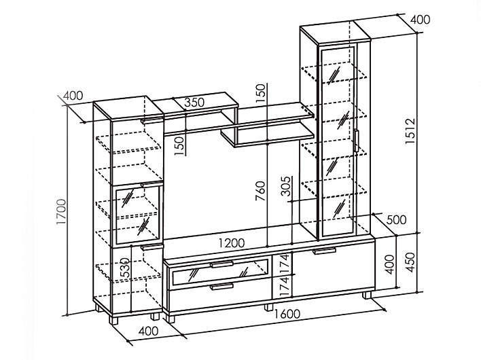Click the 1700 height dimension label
coord(61,211)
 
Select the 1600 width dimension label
coord(287,314)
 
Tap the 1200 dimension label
coord(232,243)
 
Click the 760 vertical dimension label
coord(260,191)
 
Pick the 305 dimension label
coord(286,186)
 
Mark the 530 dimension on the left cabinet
coord(125,268)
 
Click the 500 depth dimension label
coord(396,219)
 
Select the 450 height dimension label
coord(410,262)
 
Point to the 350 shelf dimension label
coord(194,102)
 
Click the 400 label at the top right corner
coord(421,20)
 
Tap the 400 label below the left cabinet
coord(149,331)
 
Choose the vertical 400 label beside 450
coord(389,264)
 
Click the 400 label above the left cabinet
coord(73,96)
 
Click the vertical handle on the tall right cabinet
coord(357,141)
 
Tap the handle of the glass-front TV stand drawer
coord(221,264)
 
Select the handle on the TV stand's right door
coord(324,251)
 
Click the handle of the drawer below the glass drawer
coord(221,287)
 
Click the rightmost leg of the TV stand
coord(367,295)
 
